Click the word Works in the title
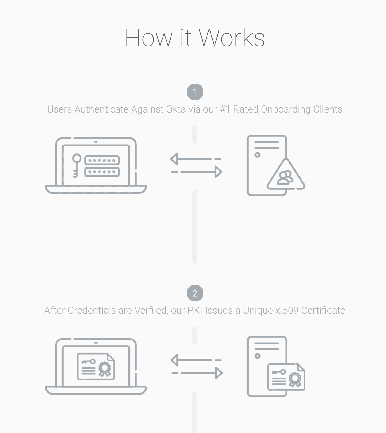232,38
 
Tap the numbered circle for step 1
195,92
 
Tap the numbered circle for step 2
195,293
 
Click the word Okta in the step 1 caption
176,109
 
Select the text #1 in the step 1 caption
225,109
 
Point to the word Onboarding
286,109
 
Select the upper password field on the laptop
102,160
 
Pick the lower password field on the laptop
102,172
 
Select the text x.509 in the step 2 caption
287,310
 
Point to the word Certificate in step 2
323,310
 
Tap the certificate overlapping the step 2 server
286,377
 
